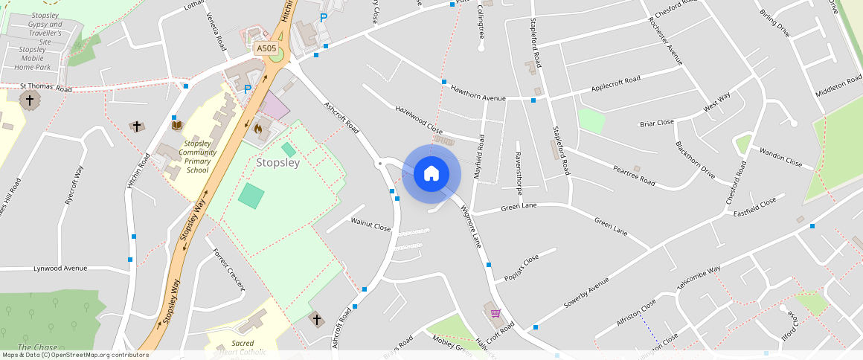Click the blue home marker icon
click(431, 174)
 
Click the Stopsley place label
click(277, 162)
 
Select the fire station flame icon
click(258, 128)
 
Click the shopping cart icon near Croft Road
click(495, 313)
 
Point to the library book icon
click(177, 124)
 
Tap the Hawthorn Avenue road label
click(478, 93)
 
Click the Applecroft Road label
click(615, 83)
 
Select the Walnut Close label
click(370, 222)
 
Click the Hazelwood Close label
click(419, 119)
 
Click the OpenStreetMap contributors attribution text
click(74, 355)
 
